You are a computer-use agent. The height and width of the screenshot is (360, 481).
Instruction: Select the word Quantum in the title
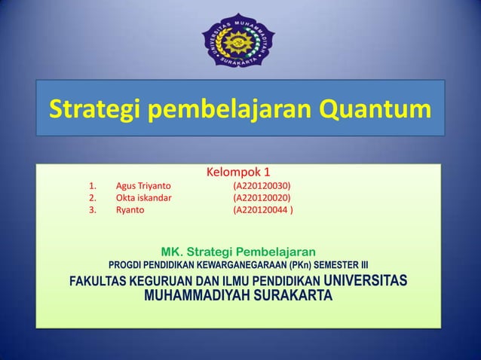point(375,111)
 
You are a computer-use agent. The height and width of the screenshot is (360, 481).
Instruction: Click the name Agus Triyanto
point(142,185)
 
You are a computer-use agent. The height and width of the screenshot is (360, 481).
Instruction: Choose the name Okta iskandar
point(143,198)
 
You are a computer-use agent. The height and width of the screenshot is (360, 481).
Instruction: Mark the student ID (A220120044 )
point(265,211)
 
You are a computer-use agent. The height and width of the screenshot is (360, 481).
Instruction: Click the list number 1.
point(92,185)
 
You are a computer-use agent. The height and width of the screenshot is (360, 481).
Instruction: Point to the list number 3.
point(92,211)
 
